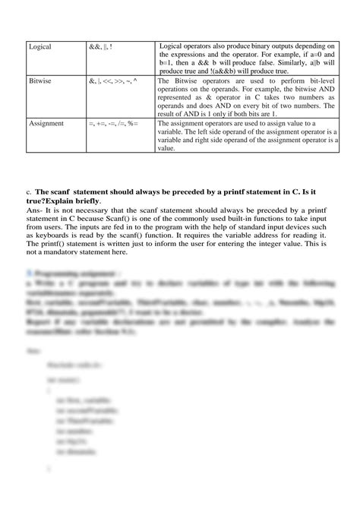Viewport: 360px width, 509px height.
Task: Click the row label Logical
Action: [40, 46]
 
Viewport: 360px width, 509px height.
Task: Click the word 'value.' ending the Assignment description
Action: [168, 148]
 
